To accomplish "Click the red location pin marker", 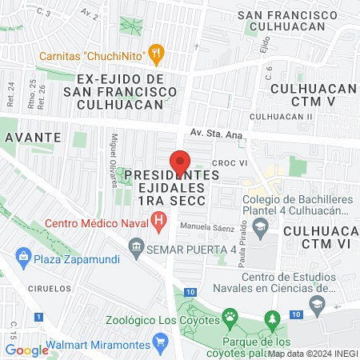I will [x=181, y=162].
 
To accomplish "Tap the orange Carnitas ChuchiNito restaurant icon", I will [x=158, y=54].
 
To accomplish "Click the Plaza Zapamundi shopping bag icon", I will [x=22, y=257].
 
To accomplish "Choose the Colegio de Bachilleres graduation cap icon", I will [x=260, y=227].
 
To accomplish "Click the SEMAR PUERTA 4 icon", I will [x=136, y=247].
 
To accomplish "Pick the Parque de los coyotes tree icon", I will [x=274, y=318].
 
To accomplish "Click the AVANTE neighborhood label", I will [x=33, y=137].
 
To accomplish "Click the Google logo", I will [x=27, y=349].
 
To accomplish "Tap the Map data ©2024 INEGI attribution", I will [x=311, y=353].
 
